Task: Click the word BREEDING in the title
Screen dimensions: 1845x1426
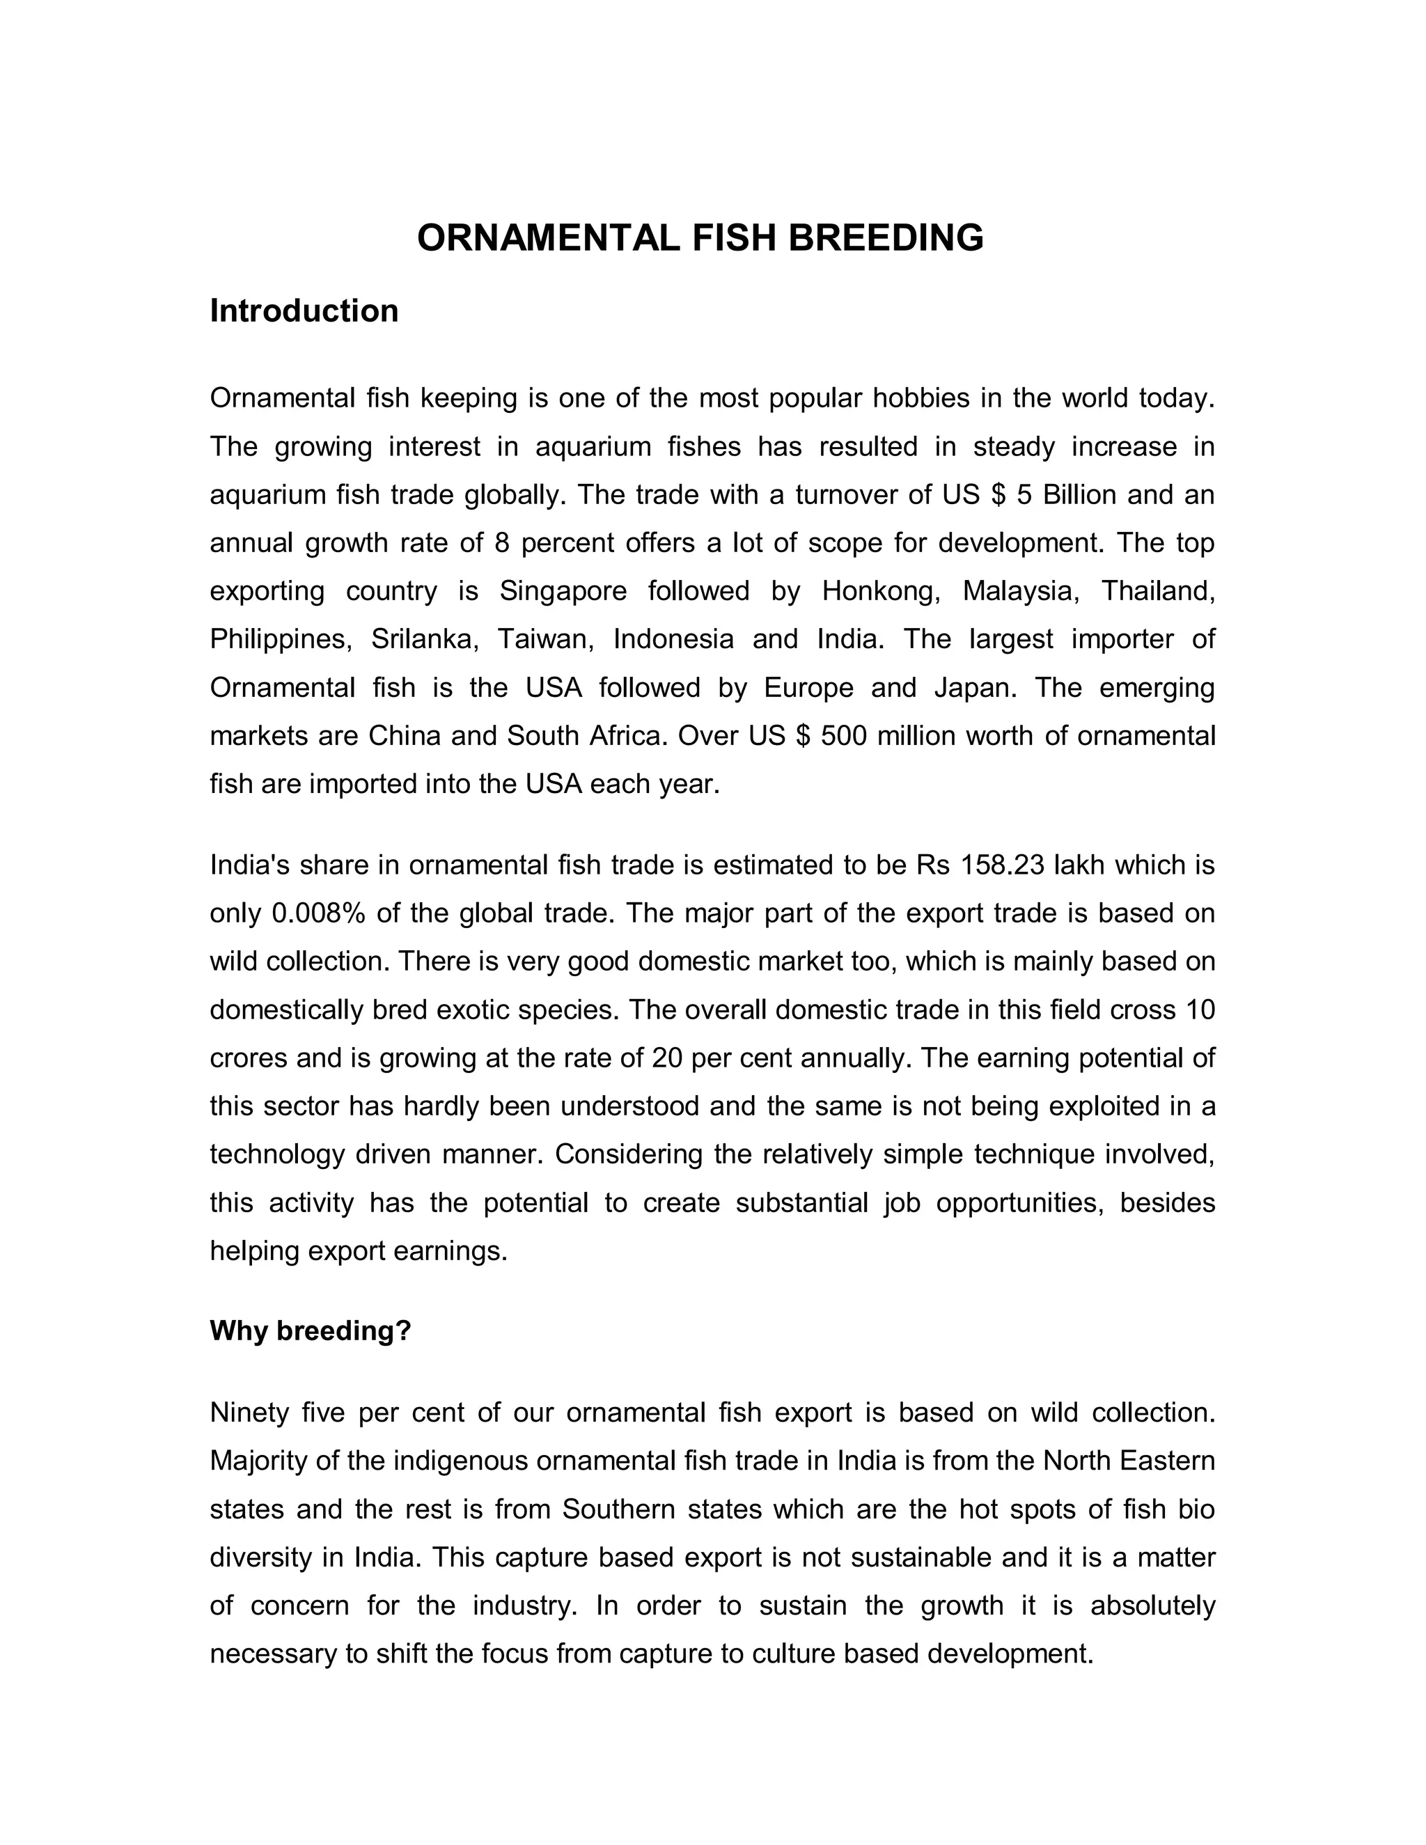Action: pyautogui.click(x=886, y=238)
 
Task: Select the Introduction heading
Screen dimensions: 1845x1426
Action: pyautogui.click(x=304, y=311)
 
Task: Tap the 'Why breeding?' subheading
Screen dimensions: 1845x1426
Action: pyautogui.click(x=310, y=1330)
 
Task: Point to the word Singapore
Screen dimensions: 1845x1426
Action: pyautogui.click(x=563, y=590)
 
